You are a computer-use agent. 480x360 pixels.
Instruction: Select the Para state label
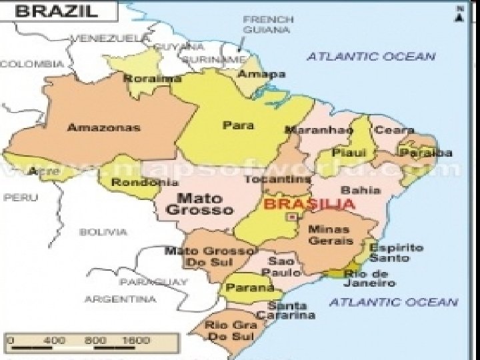(233, 125)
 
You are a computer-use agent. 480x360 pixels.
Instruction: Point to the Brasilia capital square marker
(290, 216)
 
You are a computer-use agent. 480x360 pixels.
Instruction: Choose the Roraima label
(143, 78)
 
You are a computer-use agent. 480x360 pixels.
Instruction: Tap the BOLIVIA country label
(103, 232)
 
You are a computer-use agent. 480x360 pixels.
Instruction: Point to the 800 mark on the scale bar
(95, 340)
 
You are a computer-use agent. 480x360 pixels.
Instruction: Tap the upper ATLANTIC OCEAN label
(371, 57)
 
